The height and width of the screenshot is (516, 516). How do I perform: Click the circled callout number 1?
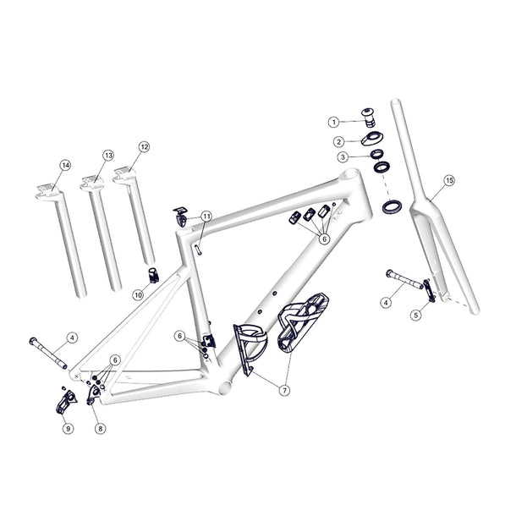pyautogui.click(x=334, y=122)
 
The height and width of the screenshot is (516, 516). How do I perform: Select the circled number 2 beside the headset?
pyautogui.click(x=338, y=141)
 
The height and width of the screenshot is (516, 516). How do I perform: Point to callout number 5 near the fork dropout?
pyautogui.click(x=416, y=315)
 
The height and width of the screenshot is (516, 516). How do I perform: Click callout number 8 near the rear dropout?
pyautogui.click(x=100, y=429)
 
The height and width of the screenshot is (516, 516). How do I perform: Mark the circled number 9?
pyautogui.click(x=67, y=429)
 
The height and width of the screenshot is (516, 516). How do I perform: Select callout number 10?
pyautogui.click(x=138, y=294)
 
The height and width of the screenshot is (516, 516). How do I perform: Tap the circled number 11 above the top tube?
pyautogui.click(x=207, y=217)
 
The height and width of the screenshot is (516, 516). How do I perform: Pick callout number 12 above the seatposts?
pyautogui.click(x=144, y=146)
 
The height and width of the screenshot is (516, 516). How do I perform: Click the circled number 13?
pyautogui.click(x=108, y=156)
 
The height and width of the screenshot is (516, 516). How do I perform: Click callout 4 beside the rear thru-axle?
pyautogui.click(x=72, y=338)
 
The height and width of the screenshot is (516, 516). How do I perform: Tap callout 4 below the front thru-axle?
pyautogui.click(x=386, y=301)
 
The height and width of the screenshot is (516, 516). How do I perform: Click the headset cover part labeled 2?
pyautogui.click(x=371, y=138)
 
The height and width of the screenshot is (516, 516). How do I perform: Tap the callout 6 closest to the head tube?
pyautogui.click(x=324, y=239)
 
